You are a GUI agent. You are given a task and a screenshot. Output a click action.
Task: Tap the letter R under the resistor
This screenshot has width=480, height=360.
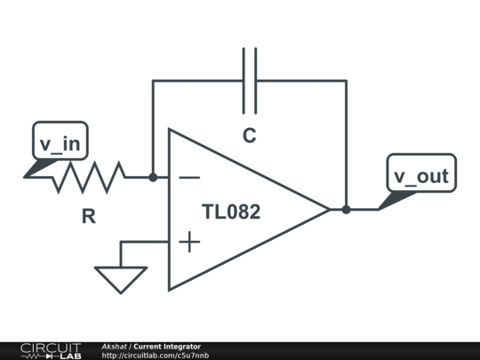click(89, 216)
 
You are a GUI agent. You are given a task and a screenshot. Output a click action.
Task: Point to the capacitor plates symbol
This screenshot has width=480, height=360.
click(250, 81)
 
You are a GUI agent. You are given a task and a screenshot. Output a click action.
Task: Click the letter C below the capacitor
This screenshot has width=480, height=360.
click(250, 135)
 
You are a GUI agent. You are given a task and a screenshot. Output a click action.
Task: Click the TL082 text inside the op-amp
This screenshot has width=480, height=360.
click(231, 212)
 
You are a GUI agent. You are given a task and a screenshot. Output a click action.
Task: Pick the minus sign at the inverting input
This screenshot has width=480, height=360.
click(189, 177)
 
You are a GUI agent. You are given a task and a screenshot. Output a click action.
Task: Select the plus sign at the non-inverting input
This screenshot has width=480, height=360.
click(189, 242)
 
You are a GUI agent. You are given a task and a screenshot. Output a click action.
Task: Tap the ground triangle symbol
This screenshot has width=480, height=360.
click(121, 279)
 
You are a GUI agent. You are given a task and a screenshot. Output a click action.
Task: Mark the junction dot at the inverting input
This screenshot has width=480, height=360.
click(153, 177)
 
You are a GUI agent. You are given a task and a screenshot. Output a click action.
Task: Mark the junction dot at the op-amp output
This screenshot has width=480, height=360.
click(347, 210)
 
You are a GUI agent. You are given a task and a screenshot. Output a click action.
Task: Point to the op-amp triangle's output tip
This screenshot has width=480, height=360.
click(330, 210)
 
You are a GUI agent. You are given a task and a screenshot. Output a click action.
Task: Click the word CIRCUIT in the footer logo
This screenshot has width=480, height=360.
click(51, 348)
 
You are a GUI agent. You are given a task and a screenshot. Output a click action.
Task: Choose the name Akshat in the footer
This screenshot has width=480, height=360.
click(114, 347)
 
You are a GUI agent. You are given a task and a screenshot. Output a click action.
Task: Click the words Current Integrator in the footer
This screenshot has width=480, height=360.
click(167, 347)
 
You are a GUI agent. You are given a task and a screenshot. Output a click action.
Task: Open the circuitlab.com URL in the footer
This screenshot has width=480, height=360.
click(156, 356)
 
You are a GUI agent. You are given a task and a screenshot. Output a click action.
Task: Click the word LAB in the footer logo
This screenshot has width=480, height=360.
click(71, 356)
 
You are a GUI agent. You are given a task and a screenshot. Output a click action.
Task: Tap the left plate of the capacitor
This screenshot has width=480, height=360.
click(244, 81)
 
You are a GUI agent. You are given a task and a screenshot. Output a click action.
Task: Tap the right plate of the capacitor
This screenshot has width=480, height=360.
click(256, 81)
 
